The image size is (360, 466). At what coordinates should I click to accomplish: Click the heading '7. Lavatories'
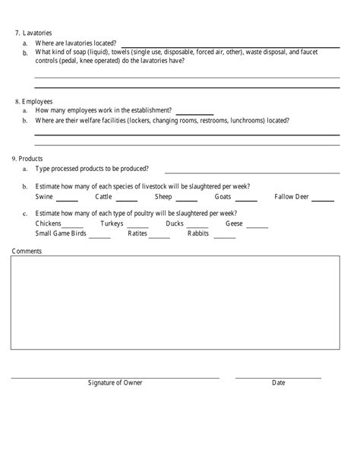pos(33,33)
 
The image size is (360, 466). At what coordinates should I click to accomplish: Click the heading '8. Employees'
pos(33,101)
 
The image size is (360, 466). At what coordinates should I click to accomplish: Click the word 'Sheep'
pos(166,196)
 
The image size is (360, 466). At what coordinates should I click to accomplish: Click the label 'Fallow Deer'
pos(292,196)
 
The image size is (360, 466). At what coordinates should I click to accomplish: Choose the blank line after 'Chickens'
pos(73,226)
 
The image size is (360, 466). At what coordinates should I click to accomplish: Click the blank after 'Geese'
pos(257,226)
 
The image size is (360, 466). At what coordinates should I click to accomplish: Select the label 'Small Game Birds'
pos(60,233)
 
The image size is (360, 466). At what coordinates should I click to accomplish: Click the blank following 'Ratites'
pos(159,236)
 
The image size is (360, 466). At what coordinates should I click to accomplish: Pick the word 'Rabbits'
pos(199,233)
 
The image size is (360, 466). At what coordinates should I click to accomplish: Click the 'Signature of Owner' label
pos(115,382)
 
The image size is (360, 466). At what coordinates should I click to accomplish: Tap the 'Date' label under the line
pos(279,382)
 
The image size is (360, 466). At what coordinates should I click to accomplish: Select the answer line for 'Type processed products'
pos(252,171)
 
